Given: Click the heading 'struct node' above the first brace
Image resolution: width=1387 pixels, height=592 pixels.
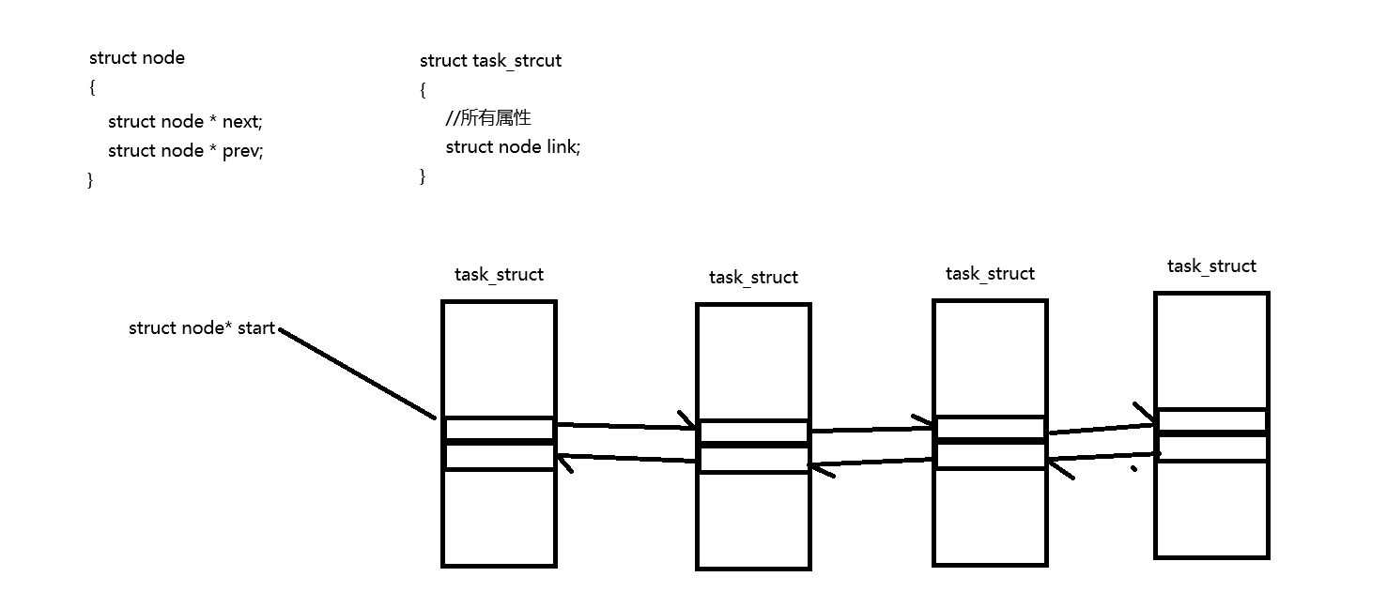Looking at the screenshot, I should coord(137,58).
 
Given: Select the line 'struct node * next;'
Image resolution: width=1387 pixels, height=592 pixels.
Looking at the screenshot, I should coord(185,122).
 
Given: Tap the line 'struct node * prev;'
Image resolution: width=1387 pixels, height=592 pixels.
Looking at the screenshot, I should coord(185,151).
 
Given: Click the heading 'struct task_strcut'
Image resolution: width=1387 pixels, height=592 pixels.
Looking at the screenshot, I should coord(490,61).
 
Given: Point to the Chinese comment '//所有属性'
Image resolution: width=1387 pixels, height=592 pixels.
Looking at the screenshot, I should coord(488,118).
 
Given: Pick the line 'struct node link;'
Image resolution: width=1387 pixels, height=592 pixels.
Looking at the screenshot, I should coord(513,147).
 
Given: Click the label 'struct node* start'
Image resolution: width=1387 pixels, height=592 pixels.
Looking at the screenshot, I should coord(202,328).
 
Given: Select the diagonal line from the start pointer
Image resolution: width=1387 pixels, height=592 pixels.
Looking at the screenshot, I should coord(357,373).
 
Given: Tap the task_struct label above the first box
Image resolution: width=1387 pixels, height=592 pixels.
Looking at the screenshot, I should coord(499,275).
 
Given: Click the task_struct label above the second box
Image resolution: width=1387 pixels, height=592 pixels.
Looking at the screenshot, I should coord(753,278).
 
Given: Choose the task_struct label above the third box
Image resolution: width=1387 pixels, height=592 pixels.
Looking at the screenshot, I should coord(990,274).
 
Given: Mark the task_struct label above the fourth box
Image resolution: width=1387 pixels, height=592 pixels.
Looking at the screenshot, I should coord(1211,266).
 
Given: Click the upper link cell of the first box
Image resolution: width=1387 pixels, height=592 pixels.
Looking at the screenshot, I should coord(499,429).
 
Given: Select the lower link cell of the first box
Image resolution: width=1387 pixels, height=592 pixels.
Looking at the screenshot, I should coord(499,456).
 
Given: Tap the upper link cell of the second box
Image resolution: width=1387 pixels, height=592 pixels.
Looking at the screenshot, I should coord(753,432).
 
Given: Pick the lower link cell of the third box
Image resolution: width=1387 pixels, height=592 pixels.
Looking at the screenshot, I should coord(990,455).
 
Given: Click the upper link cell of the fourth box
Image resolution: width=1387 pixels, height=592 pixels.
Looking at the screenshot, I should coord(1211,420).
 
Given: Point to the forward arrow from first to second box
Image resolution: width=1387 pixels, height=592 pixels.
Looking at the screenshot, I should coord(625,426).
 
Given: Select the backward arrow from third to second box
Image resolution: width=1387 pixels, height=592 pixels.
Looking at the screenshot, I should coord(871,463).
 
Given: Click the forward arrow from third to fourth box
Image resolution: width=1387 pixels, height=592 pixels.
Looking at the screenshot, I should coord(1101,430).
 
